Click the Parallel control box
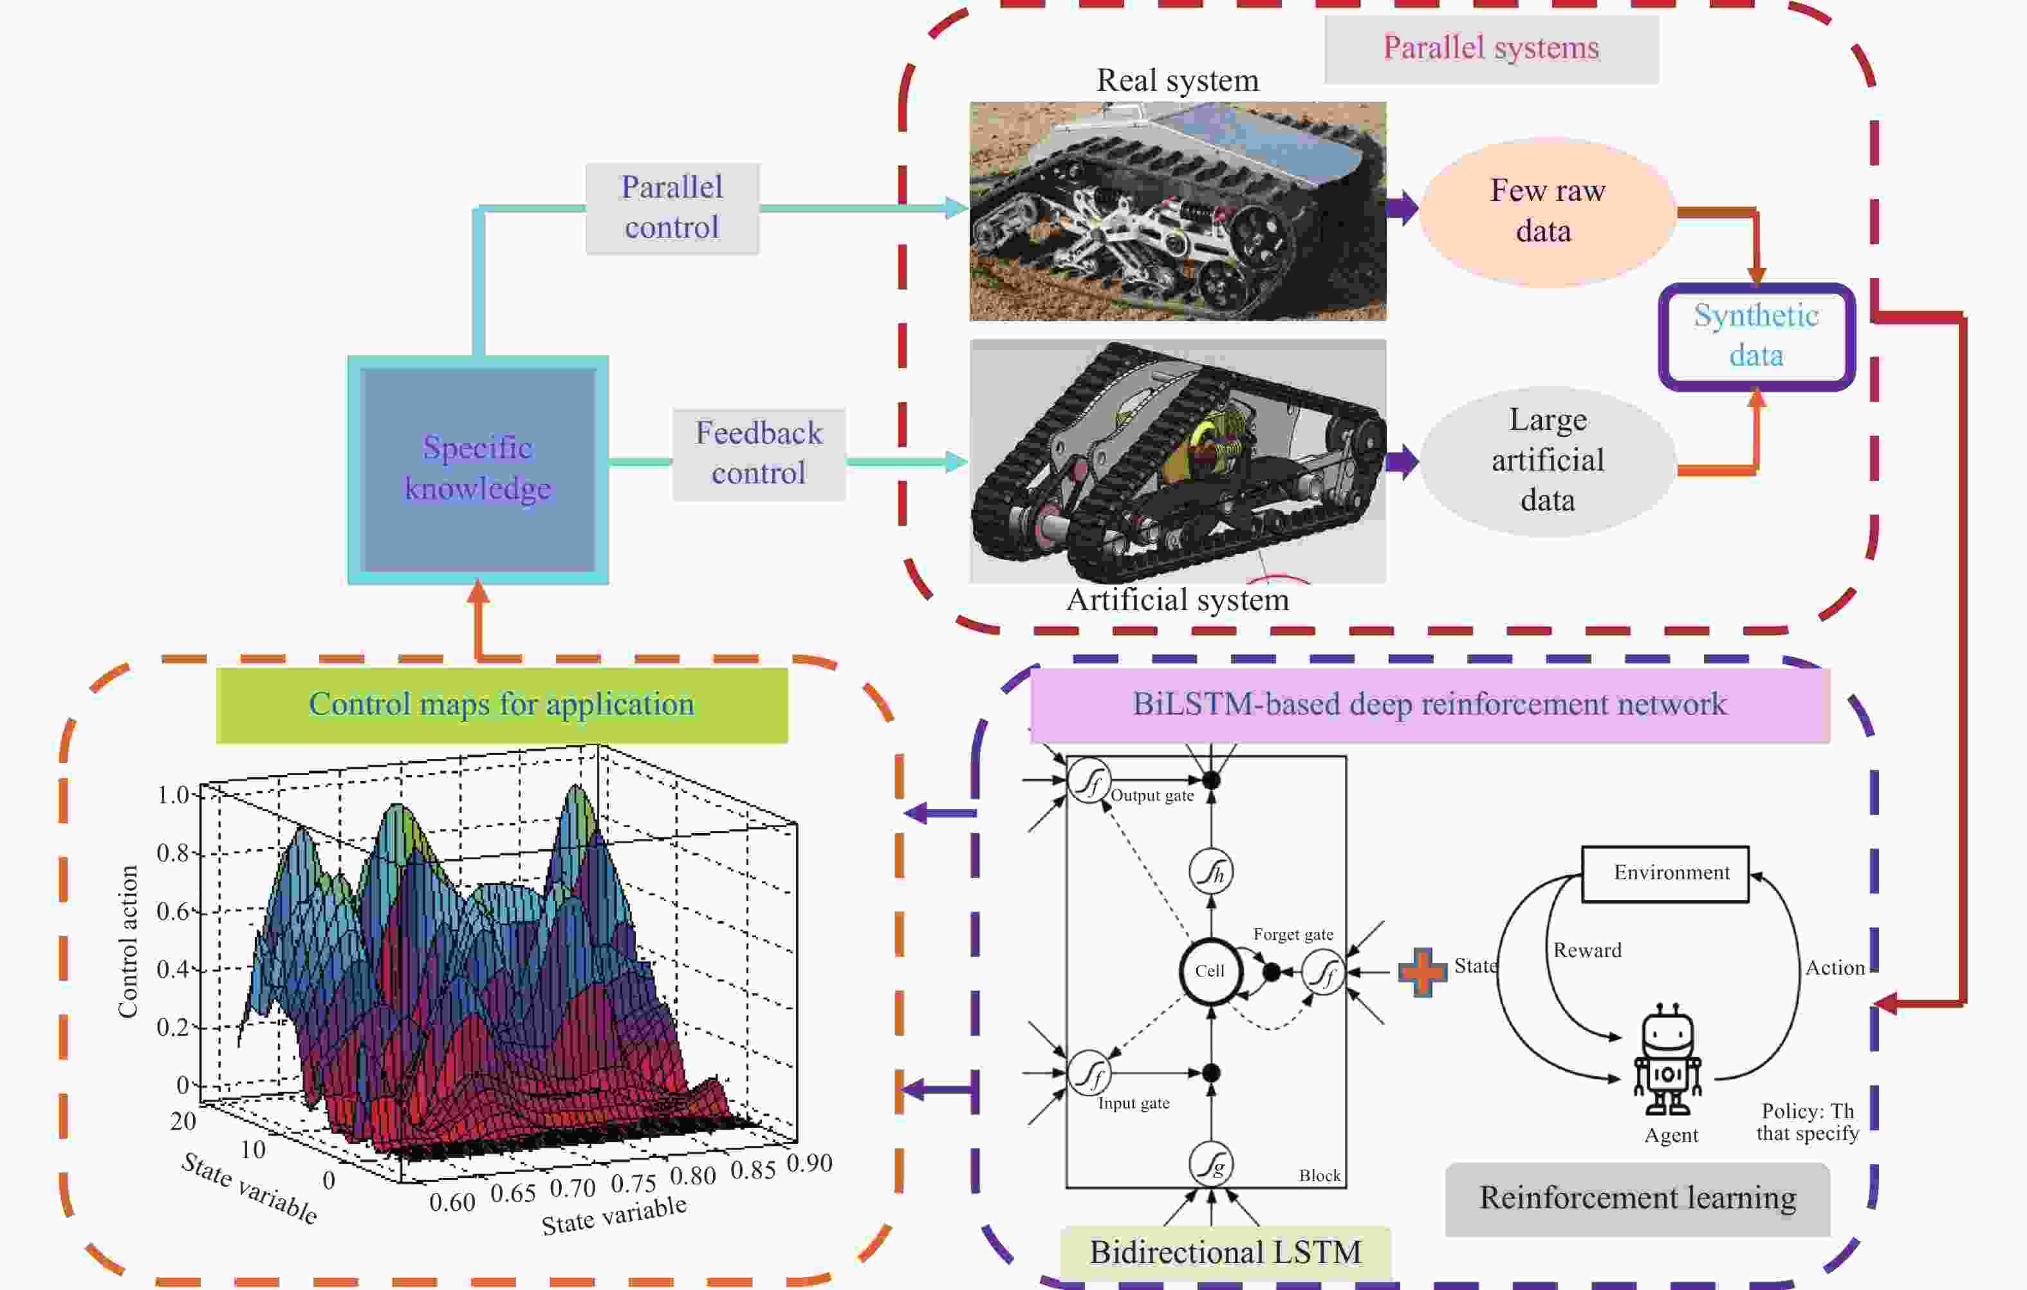pyautogui.click(x=672, y=207)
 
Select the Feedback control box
pyautogui.click(x=759, y=453)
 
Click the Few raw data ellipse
pyautogui.click(x=1547, y=210)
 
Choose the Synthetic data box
pyautogui.click(x=1756, y=335)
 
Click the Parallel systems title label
pyautogui.click(x=1491, y=48)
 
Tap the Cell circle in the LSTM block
pyautogui.click(x=1210, y=971)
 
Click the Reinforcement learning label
pyautogui.click(x=1637, y=1197)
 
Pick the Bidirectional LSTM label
pyautogui.click(x=1225, y=1252)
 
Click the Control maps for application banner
pyautogui.click(x=502, y=704)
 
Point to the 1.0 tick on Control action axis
pyautogui.click(x=172, y=794)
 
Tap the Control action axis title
pyautogui.click(x=128, y=941)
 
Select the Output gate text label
pyautogui.click(x=1152, y=796)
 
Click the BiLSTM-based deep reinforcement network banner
pyautogui.click(x=1429, y=704)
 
